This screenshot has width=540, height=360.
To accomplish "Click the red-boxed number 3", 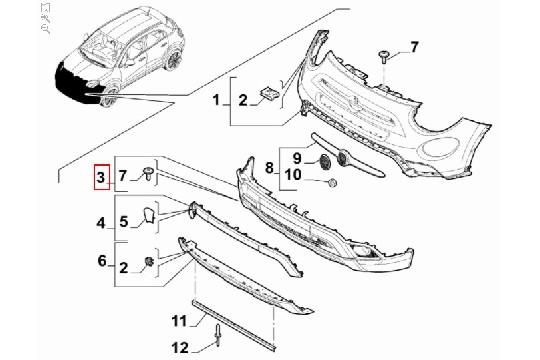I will [100, 178].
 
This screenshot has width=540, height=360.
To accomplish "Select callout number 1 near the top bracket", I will [216, 100].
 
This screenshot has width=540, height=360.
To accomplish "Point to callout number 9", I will [297, 156].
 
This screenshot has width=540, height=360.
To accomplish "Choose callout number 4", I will [100, 221].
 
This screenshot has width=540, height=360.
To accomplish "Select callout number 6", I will [100, 261].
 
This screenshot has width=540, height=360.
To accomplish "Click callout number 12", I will [181, 347].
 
